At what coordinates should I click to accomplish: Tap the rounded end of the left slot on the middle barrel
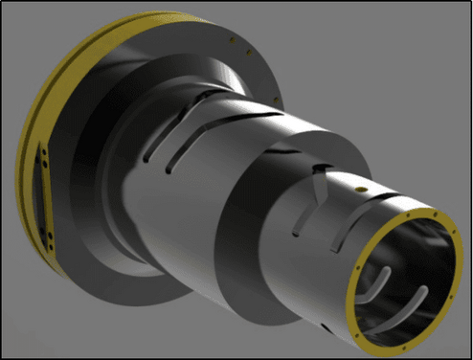[169, 171]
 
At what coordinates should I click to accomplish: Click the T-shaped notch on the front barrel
[318, 172]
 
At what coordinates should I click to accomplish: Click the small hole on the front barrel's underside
[325, 329]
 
